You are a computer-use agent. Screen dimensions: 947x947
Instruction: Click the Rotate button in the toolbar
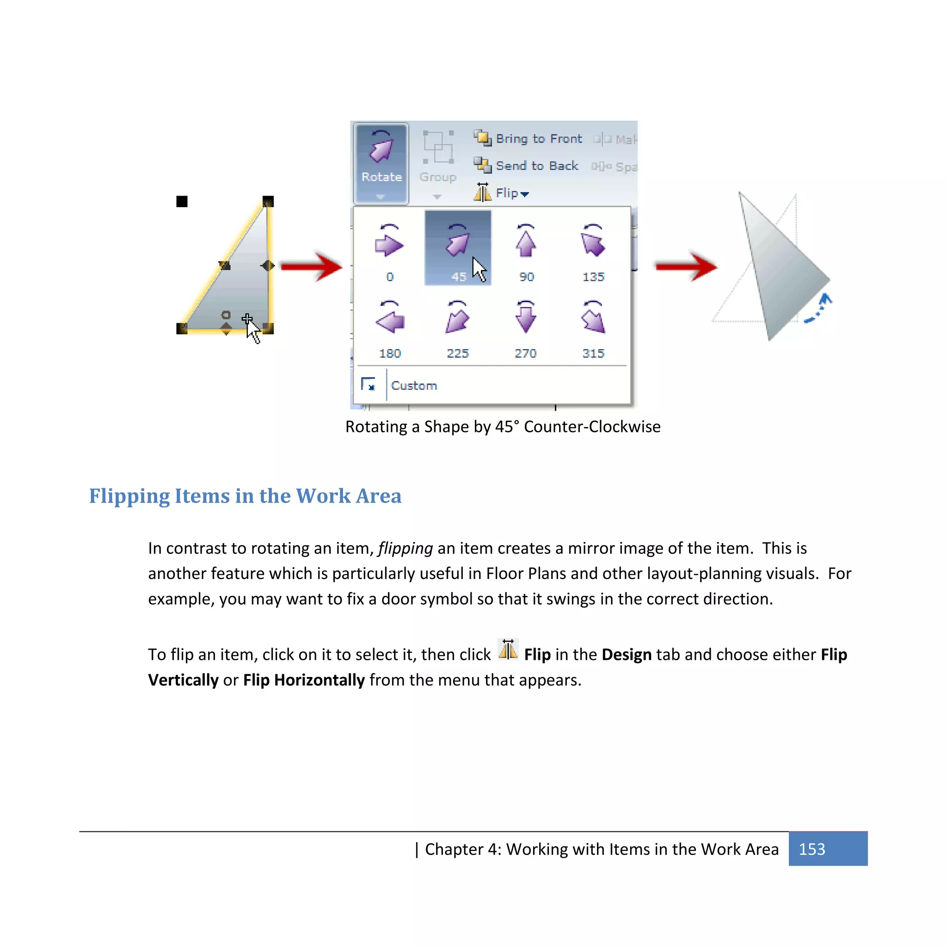click(381, 162)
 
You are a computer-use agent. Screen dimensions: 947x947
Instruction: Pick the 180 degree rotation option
click(390, 326)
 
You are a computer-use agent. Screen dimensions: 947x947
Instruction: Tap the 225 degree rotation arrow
click(457, 326)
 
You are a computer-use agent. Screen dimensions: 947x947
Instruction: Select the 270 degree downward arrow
click(525, 326)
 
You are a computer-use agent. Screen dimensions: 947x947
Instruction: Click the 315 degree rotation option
click(593, 326)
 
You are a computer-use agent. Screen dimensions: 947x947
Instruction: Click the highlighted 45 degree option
click(457, 248)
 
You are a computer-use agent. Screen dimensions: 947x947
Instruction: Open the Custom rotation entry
click(414, 385)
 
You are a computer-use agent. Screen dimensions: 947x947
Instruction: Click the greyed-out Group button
click(437, 162)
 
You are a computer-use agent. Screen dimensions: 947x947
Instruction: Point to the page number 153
click(812, 849)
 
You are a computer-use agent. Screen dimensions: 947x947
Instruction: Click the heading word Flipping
click(129, 496)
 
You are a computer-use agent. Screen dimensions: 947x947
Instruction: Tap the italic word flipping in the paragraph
click(406, 548)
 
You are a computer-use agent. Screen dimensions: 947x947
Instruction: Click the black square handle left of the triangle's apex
click(182, 202)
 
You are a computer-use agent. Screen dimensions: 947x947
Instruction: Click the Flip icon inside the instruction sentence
click(508, 651)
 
